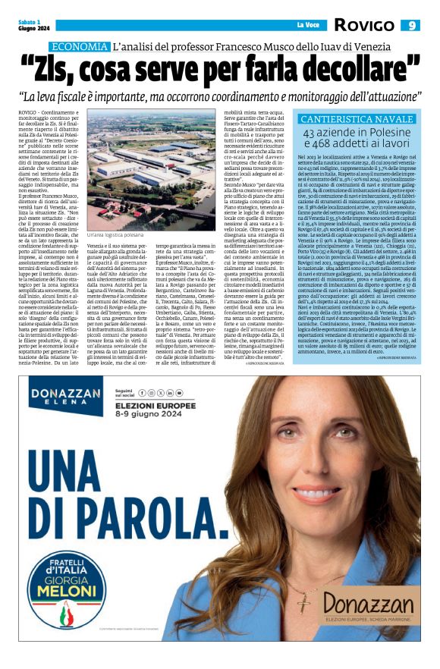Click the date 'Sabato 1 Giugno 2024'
coord(30,25)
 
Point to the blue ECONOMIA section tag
coord(81,47)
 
